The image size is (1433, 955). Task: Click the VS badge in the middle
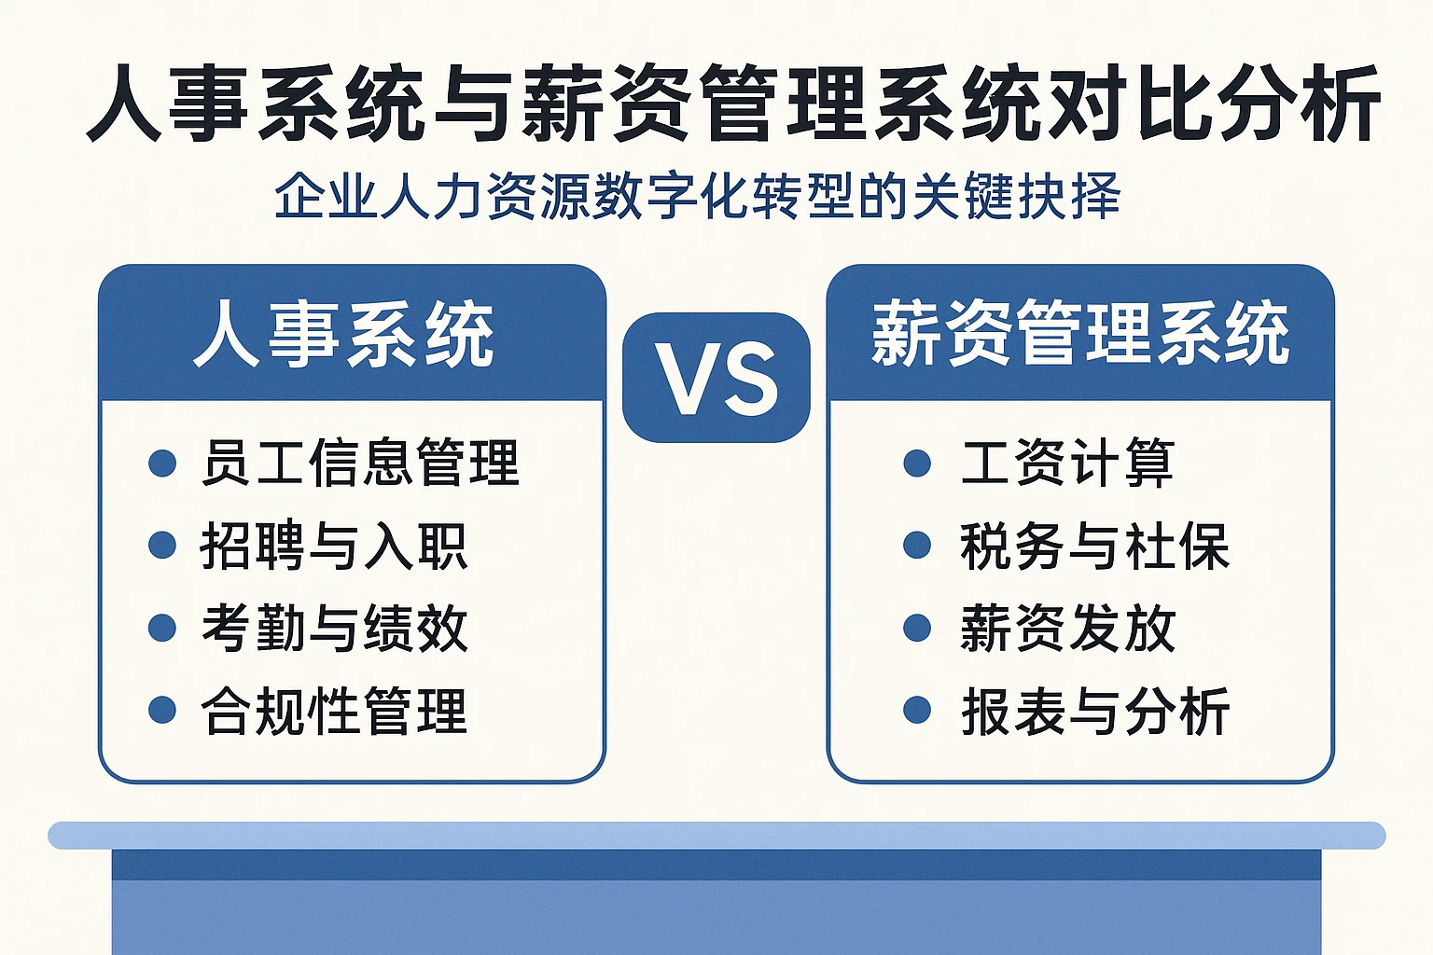716,378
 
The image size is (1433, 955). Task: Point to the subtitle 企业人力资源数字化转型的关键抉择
697,197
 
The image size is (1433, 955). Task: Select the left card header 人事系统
344,335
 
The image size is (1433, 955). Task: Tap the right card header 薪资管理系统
1080,334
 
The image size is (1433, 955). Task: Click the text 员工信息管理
359,463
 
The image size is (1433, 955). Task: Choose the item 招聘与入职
333,546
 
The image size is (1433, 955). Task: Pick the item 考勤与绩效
334,628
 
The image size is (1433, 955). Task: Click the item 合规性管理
333,711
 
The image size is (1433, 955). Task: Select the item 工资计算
1067,463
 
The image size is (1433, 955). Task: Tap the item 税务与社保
1094,546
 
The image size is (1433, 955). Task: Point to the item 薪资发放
1067,628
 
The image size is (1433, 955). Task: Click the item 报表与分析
1094,711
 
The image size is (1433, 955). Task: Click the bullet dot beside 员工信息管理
162,463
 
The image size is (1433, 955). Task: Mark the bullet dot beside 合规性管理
162,710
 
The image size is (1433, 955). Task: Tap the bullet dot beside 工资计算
917,463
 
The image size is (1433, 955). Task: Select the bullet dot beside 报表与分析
917,710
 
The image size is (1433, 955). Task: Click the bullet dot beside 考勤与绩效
162,628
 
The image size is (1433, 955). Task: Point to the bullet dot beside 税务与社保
917,546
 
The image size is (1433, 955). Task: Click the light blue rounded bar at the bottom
716,835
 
